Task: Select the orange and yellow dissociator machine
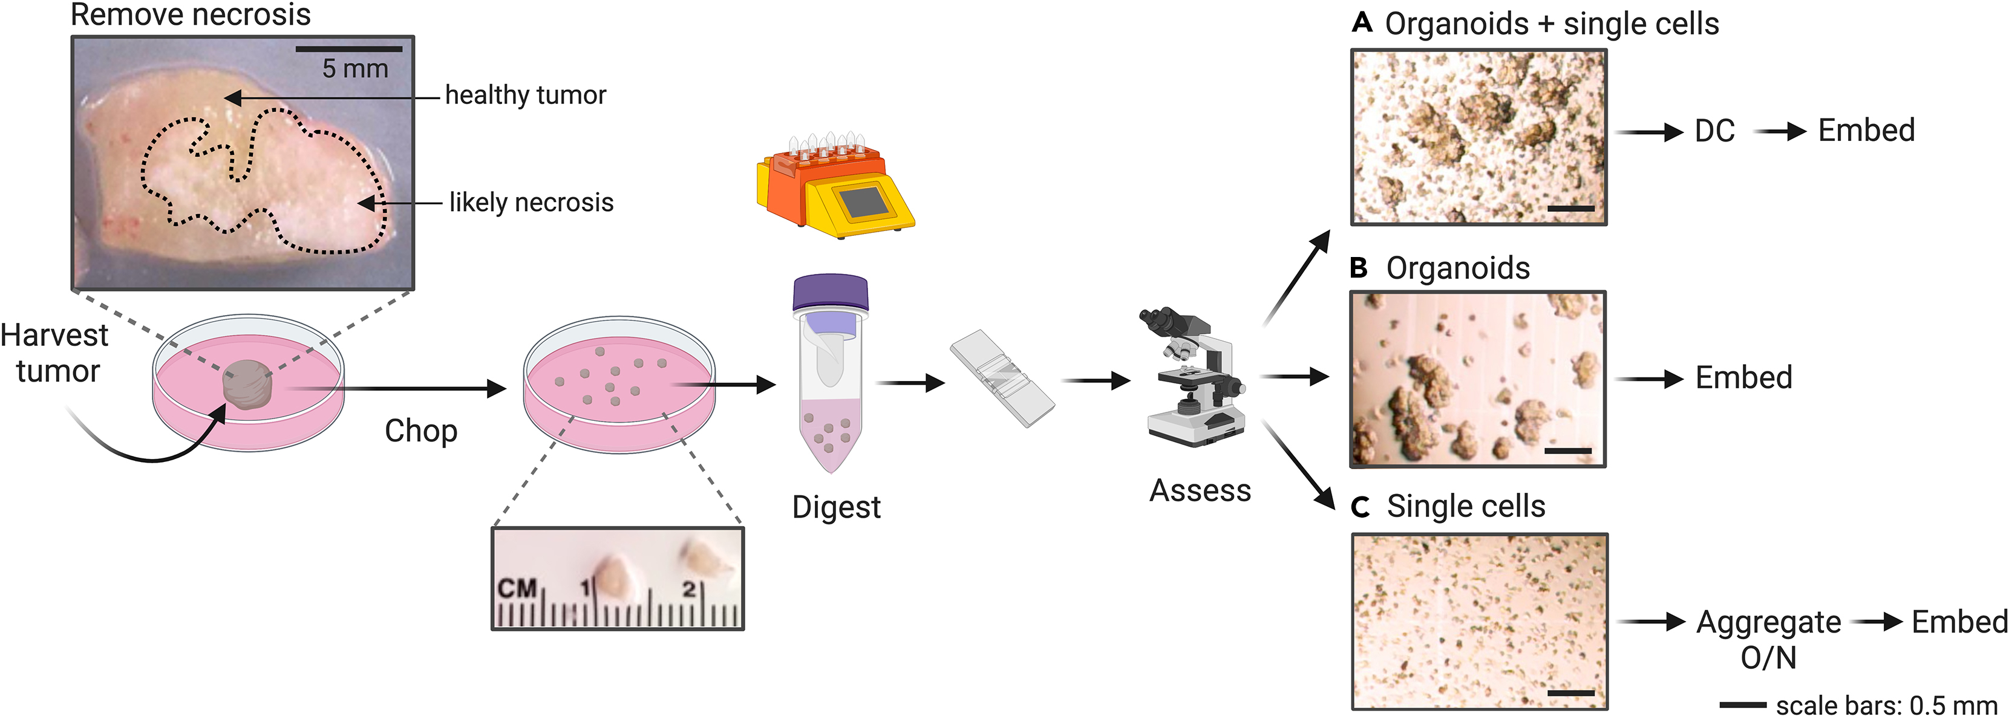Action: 834,188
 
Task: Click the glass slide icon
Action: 1002,377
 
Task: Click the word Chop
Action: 421,431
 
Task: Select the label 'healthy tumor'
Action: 525,95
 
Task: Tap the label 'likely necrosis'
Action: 531,203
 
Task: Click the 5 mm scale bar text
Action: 355,68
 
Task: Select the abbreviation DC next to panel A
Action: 1714,131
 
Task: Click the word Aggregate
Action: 1768,622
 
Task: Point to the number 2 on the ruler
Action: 688,589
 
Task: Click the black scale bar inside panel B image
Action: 1567,451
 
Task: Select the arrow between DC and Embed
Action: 1779,132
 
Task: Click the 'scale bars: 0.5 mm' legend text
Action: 1886,706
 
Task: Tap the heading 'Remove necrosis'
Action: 191,15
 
